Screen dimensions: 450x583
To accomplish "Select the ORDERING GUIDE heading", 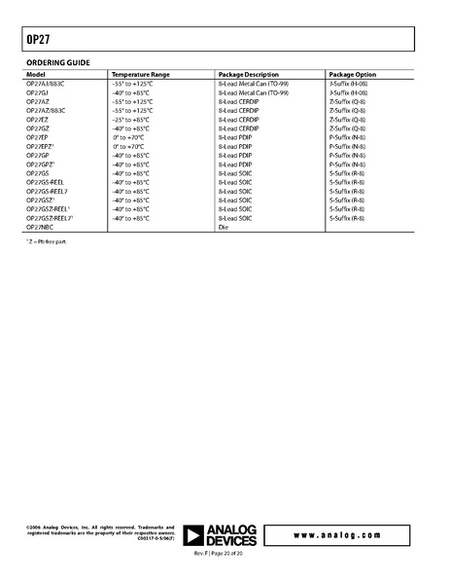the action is tap(57, 62).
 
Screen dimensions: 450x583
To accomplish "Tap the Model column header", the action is tap(36, 74).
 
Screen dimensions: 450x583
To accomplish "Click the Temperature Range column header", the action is tap(141, 74).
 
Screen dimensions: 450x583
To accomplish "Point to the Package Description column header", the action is tap(251, 74).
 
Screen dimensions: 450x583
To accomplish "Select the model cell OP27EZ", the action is tap(37, 119).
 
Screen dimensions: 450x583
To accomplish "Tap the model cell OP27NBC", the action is tap(40, 226).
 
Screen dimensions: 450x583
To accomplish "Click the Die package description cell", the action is tap(225, 226).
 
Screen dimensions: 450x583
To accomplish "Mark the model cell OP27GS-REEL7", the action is tap(48, 191).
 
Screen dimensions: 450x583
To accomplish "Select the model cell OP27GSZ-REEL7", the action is tap(50, 218).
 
